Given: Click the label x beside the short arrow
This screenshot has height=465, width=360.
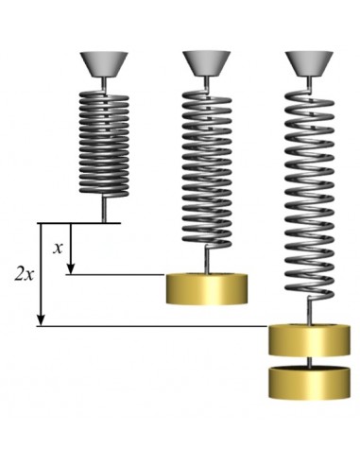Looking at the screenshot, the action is pos(58,249).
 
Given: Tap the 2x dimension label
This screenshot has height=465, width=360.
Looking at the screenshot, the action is pos(25,274).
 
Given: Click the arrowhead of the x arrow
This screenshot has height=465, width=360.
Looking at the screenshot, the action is pos(71,268).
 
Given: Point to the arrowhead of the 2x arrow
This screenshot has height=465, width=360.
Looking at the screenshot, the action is pos(41,320).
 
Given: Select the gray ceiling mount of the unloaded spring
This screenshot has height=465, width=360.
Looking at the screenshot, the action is pos(104,64).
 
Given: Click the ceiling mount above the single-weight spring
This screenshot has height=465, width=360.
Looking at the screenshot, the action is pos(207,64).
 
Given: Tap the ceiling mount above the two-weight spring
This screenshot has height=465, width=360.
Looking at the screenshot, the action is pos(309,64).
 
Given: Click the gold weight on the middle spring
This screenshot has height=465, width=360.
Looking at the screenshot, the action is pos(207,289).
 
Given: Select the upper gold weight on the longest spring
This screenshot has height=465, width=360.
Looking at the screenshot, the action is pos(309,340).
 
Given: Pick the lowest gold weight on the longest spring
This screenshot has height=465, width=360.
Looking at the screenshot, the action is pos(309,382).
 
